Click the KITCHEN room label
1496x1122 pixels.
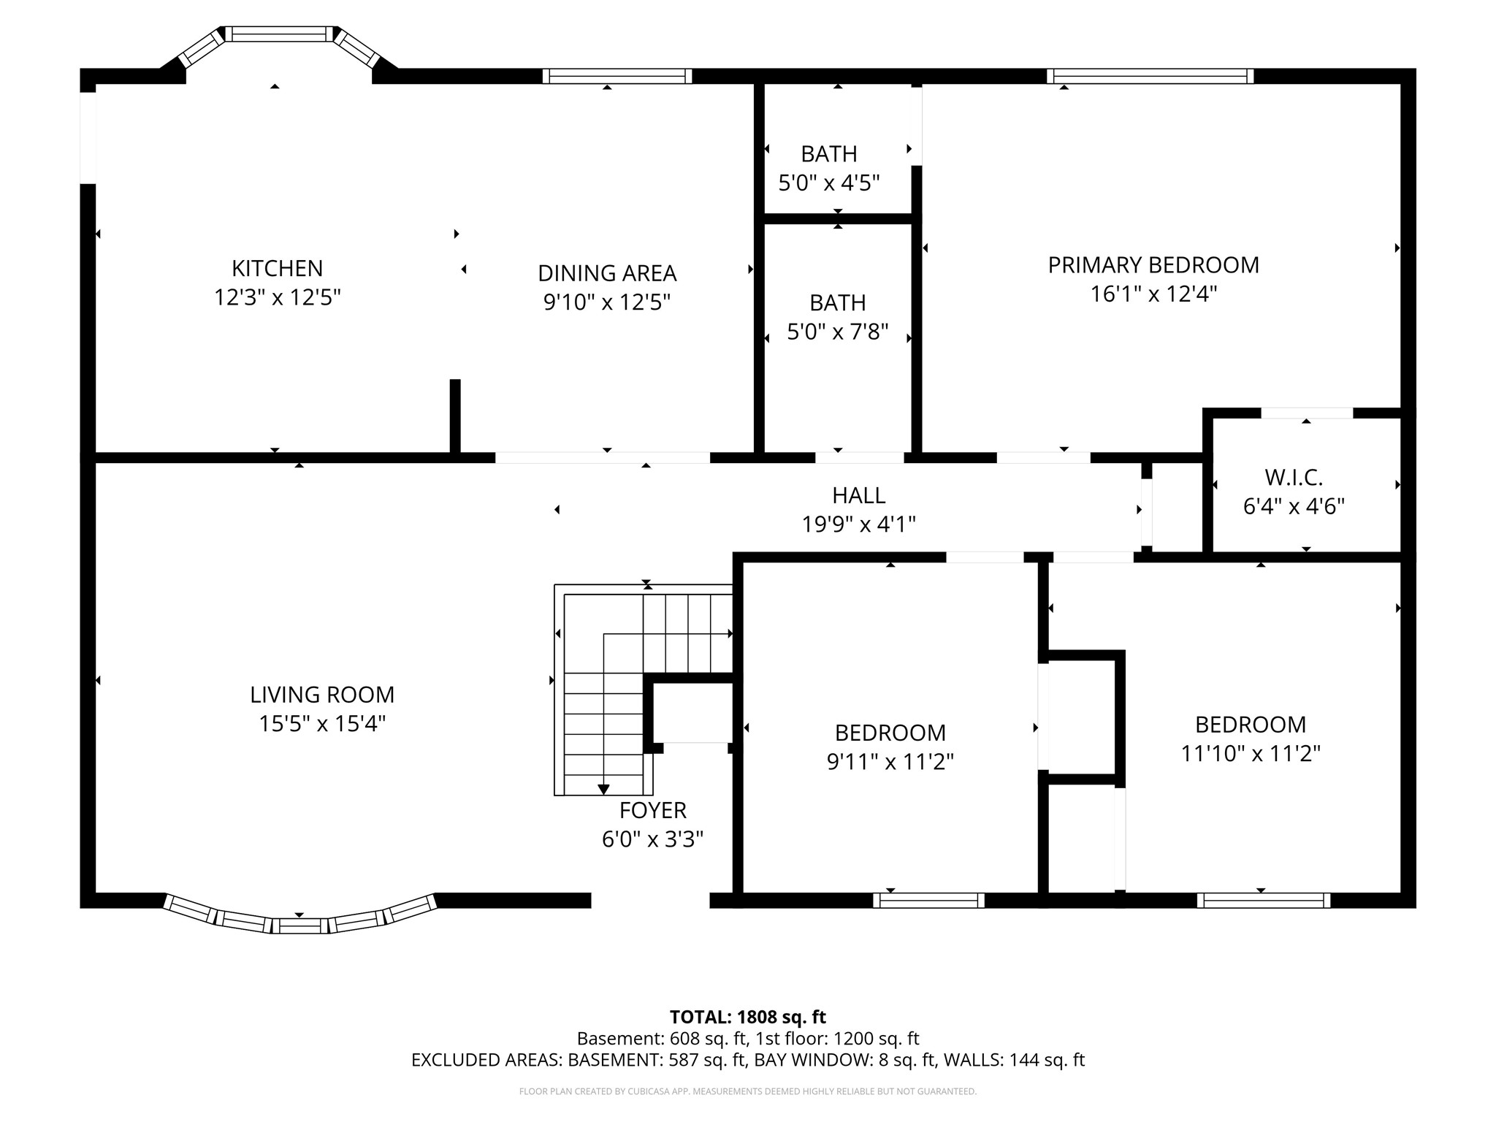[278, 269]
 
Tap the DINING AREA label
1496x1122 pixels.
[607, 273]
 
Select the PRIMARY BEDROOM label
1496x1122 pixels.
[1153, 265]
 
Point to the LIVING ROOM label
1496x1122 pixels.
[322, 695]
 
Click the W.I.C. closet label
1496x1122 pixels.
[1294, 478]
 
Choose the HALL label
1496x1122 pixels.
[859, 495]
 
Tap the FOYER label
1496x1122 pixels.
[653, 811]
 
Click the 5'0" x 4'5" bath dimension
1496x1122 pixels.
[829, 183]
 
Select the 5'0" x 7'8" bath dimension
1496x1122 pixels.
[838, 332]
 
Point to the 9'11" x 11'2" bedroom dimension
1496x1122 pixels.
[890, 762]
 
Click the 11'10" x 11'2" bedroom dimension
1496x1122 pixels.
[1251, 753]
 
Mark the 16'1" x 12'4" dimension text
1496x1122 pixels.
[1153, 294]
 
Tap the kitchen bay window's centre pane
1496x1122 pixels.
[279, 34]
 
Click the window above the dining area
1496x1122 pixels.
[617, 76]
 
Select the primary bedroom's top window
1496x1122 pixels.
[1150, 76]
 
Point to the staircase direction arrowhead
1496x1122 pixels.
[603, 789]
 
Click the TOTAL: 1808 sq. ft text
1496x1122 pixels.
[748, 1017]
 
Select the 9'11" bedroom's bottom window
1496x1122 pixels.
[928, 900]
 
